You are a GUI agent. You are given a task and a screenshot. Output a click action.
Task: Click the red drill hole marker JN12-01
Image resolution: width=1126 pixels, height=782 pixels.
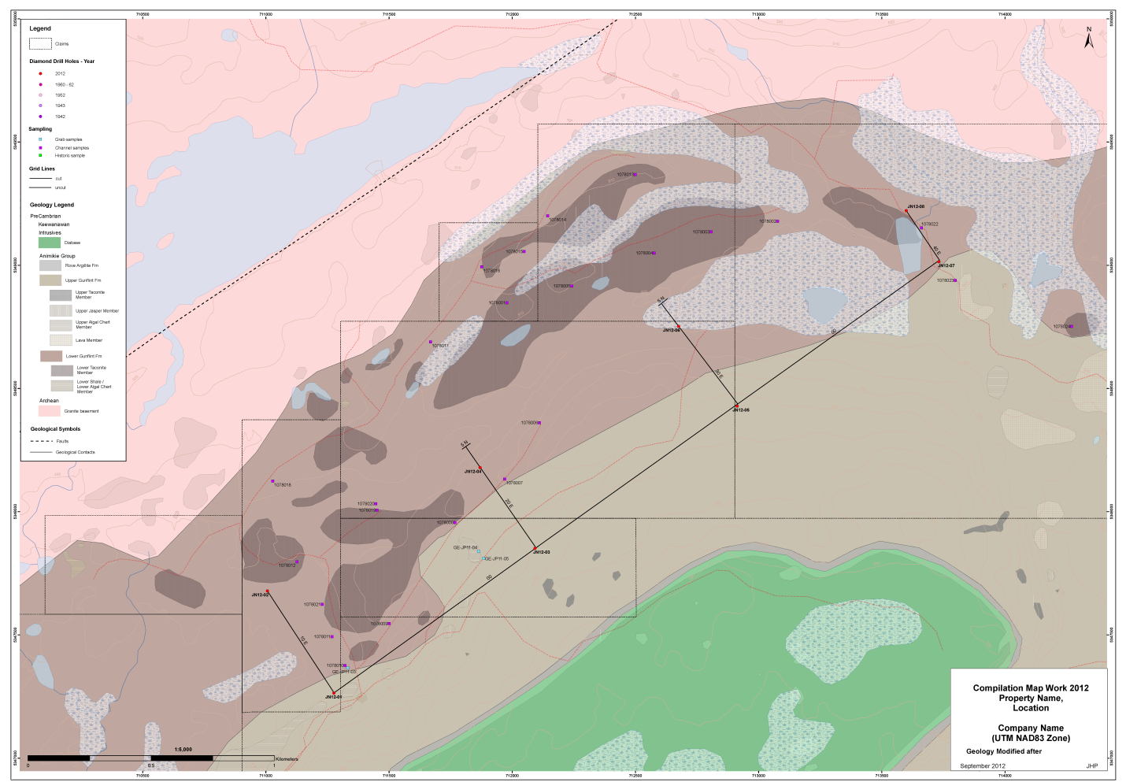(333, 693)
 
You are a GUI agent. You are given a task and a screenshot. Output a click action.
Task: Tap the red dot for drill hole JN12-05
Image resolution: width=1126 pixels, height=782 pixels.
(737, 406)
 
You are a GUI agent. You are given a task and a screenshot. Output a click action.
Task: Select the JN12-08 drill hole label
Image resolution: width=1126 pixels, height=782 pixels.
(916, 206)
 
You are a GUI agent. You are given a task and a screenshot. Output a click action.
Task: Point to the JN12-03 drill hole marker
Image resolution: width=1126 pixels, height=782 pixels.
(535, 548)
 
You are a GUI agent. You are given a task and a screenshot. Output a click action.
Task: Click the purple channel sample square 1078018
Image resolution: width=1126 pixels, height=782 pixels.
(272, 481)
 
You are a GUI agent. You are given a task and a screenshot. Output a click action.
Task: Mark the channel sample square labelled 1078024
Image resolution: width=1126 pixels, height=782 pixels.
(1071, 326)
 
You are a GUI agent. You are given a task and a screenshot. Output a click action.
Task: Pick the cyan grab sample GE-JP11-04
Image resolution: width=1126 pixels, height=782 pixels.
(479, 551)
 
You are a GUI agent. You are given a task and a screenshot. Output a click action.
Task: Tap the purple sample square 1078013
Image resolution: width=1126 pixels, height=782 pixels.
(635, 174)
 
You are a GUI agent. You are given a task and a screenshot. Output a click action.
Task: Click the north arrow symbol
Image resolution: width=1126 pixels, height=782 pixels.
(1089, 39)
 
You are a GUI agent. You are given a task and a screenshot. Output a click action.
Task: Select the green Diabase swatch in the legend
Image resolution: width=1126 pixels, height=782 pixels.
(50, 243)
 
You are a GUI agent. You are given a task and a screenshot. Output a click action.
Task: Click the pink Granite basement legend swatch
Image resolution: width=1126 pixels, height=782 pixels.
(50, 411)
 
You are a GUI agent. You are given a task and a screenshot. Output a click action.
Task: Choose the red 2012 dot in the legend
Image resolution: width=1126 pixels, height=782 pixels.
(40, 73)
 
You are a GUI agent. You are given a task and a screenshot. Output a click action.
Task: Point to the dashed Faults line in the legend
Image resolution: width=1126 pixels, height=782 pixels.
(41, 441)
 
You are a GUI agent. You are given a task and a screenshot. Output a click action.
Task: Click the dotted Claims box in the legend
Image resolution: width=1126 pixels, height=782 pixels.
(40, 44)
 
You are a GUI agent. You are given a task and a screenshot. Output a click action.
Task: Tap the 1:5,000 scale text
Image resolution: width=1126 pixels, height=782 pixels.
(183, 750)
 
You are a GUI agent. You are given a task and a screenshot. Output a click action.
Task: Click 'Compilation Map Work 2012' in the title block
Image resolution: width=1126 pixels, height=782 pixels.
(1031, 688)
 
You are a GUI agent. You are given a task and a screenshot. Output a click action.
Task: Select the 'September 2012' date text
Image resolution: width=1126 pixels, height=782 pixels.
(983, 765)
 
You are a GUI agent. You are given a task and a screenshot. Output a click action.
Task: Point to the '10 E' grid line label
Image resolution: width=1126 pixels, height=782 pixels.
(304, 641)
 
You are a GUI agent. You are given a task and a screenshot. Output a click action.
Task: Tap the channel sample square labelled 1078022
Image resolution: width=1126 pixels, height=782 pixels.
(921, 228)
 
